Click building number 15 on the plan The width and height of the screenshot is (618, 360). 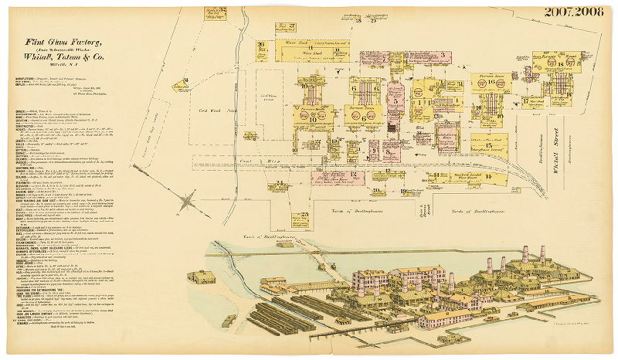point(489,144)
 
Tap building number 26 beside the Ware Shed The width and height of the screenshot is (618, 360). point(262,49)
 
